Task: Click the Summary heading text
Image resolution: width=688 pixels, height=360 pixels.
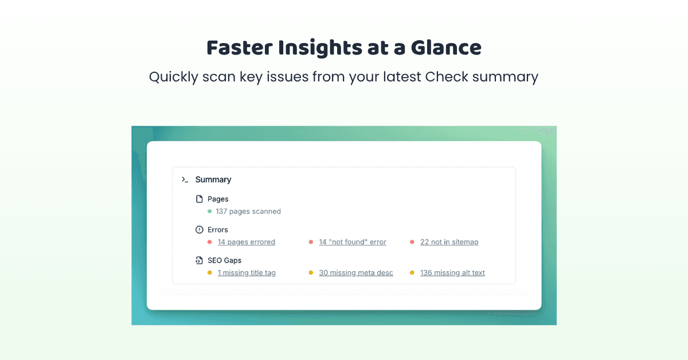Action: tap(213, 179)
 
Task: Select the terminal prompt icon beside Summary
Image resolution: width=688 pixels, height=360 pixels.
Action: tap(185, 179)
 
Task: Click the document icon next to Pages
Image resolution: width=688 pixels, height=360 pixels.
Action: tap(200, 199)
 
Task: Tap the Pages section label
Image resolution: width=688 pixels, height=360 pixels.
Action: tap(218, 199)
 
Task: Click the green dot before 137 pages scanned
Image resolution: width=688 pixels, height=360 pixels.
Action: tap(210, 212)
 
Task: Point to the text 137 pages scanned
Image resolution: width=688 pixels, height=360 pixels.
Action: tap(248, 212)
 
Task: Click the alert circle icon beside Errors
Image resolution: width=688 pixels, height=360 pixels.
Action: tap(200, 230)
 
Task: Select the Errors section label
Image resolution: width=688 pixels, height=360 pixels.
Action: tap(218, 230)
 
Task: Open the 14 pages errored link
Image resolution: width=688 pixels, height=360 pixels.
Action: tap(247, 242)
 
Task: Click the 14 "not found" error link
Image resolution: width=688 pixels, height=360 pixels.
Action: tap(353, 242)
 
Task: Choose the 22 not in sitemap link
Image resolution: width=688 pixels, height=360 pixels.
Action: tap(449, 242)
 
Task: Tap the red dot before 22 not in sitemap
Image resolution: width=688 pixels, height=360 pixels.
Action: tap(412, 242)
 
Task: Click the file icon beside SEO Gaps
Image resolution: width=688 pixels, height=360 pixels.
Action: tap(200, 260)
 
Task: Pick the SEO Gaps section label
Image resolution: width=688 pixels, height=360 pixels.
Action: tap(225, 260)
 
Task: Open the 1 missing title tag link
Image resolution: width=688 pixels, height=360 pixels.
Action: tap(247, 273)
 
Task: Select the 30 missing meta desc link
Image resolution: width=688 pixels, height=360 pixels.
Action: tap(356, 273)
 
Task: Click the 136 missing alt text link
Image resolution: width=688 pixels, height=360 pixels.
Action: tap(452, 273)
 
